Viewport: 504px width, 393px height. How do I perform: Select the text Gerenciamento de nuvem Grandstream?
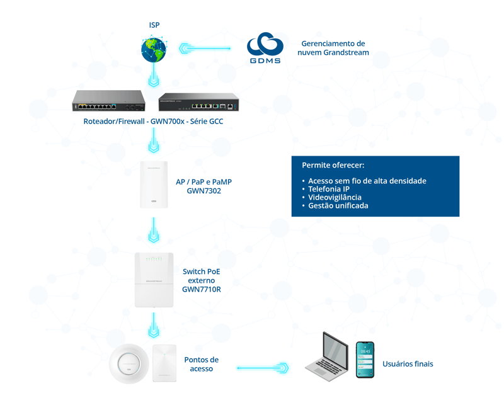coord(333,48)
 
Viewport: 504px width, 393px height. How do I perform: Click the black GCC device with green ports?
coord(198,102)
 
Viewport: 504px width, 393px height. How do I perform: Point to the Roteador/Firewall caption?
coord(153,121)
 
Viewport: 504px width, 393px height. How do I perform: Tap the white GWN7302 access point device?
coord(154,184)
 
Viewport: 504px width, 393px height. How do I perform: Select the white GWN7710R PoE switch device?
coord(154,280)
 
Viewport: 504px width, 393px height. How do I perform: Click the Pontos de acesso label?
coord(202,364)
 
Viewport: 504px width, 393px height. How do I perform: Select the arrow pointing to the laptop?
coord(263,368)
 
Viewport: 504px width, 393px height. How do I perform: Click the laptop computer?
coord(327,357)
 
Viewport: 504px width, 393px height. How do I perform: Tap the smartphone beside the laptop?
coord(365,360)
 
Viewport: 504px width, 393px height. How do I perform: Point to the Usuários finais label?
coord(408,364)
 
